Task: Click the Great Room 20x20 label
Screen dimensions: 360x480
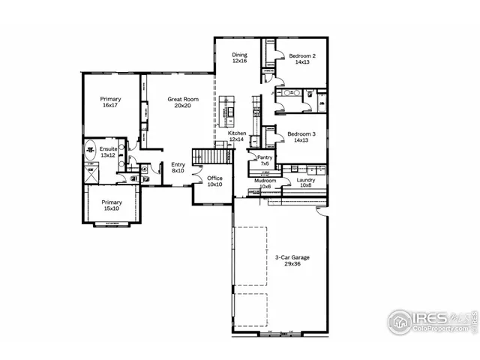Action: (x=182, y=102)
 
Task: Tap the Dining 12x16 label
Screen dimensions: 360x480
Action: (x=239, y=58)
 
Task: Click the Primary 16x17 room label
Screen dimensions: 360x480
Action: (x=110, y=102)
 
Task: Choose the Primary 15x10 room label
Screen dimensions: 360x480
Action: (x=112, y=205)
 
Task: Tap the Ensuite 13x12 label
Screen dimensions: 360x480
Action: (x=108, y=152)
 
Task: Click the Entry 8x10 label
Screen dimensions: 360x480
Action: (x=178, y=167)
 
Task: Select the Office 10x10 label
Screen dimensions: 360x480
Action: (x=214, y=181)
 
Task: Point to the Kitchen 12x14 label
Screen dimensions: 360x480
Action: (x=238, y=136)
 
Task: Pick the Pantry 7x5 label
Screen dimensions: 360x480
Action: (x=265, y=160)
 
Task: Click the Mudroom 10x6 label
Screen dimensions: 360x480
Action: (x=265, y=183)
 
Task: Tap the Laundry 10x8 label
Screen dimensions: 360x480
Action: (x=305, y=183)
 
